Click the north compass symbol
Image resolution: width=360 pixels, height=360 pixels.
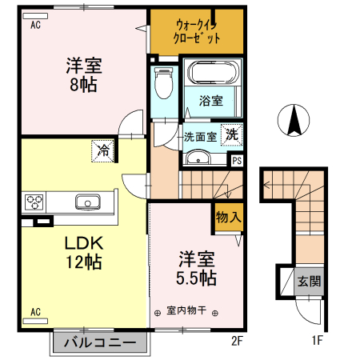(294, 121)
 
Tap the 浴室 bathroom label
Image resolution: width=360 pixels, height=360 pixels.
(210, 101)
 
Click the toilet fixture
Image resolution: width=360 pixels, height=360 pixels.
(164, 82)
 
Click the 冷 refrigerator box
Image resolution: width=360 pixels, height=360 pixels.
(102, 148)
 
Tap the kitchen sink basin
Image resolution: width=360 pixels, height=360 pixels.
(86, 201)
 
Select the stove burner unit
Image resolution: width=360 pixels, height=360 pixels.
(37, 201)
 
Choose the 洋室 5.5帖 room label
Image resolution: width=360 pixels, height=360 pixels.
(196, 268)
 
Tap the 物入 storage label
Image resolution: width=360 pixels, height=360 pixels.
(227, 216)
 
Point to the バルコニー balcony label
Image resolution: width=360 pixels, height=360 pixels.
(101, 343)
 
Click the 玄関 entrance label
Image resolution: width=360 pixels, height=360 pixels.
(308, 282)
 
